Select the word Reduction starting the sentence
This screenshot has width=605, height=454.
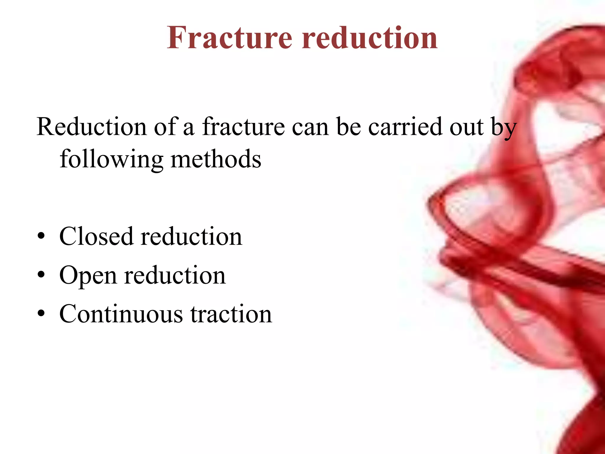click(x=92, y=127)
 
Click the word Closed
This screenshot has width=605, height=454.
click(x=96, y=236)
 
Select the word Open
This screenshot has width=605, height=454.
click(x=88, y=276)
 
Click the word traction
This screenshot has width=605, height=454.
click(x=231, y=314)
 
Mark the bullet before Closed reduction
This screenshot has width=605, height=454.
click(x=41, y=236)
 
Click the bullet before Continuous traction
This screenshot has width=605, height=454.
click(x=41, y=314)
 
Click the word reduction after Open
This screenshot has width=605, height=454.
click(x=175, y=276)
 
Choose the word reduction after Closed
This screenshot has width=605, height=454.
click(x=191, y=236)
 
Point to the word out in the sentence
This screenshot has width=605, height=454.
click(x=466, y=127)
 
